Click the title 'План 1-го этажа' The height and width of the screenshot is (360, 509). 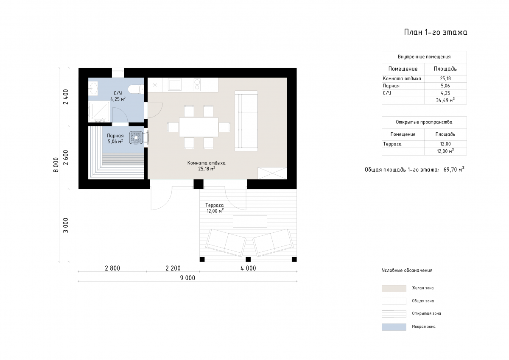click(x=435, y=32)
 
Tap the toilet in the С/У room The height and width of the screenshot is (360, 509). click(x=136, y=89)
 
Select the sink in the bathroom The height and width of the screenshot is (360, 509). click(x=93, y=88)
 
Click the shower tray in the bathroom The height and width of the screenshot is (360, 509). click(x=99, y=112)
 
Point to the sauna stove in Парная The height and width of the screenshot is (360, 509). click(x=136, y=138)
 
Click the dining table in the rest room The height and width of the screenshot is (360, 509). click(x=199, y=127)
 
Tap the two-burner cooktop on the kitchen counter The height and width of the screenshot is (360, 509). click(x=197, y=84)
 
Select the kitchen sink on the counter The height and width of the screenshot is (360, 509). click(x=174, y=85)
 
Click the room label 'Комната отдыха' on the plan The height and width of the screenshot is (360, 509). click(x=206, y=163)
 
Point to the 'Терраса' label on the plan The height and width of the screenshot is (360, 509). click(x=215, y=205)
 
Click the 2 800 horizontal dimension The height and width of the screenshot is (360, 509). click(x=112, y=268)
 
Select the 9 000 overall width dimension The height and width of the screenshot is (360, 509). click(x=187, y=278)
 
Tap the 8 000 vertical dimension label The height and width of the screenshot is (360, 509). click(x=56, y=165)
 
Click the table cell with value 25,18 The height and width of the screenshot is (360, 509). click(x=445, y=78)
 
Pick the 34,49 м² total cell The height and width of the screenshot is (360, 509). click(x=445, y=100)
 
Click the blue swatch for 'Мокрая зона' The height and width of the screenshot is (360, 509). click(x=394, y=327)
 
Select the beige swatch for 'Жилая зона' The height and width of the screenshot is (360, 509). click(x=394, y=288)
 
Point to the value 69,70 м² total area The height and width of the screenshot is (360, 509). click(x=454, y=170)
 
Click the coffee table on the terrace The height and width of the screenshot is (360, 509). click(x=250, y=221)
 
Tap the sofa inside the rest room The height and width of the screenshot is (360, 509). click(x=246, y=121)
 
